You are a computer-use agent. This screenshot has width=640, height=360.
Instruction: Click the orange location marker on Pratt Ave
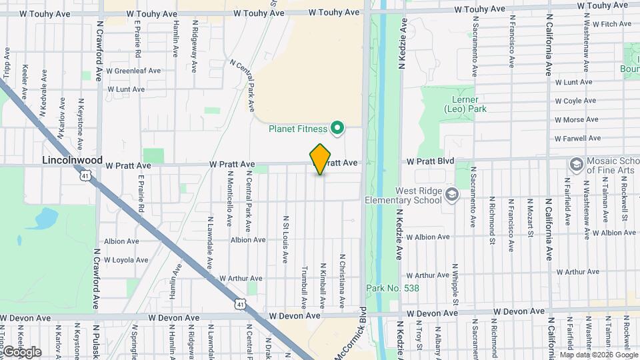(321, 159)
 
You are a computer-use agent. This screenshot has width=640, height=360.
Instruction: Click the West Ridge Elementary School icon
(452, 195)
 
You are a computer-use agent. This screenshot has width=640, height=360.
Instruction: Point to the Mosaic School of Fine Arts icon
(575, 164)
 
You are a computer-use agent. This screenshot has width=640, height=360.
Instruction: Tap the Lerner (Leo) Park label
(465, 103)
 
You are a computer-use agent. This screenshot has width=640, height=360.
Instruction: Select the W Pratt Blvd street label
(431, 161)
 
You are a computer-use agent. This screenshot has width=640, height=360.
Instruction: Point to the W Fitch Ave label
(607, 24)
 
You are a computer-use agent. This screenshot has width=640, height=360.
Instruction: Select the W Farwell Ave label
(577, 139)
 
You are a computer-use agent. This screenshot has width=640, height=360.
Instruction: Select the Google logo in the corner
(22, 351)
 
